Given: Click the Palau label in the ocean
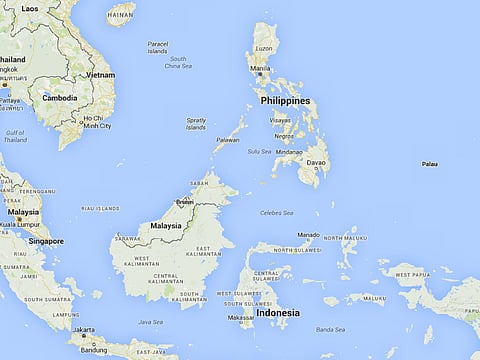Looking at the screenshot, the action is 429,163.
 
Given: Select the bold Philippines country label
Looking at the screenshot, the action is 284,101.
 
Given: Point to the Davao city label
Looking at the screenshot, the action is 317,162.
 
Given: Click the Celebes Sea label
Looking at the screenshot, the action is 277,213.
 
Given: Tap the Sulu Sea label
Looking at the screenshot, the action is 259,151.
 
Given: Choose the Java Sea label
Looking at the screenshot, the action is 150,322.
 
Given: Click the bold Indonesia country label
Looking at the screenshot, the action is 278,313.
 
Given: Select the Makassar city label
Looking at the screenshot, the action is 240,319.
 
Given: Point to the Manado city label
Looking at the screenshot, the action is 309,235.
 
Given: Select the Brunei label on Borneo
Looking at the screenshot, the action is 184,201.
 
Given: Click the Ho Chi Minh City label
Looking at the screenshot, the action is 97,122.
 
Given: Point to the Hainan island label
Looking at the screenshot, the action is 121,16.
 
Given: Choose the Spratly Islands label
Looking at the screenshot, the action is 197,124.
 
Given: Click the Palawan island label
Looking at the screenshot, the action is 228,140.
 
